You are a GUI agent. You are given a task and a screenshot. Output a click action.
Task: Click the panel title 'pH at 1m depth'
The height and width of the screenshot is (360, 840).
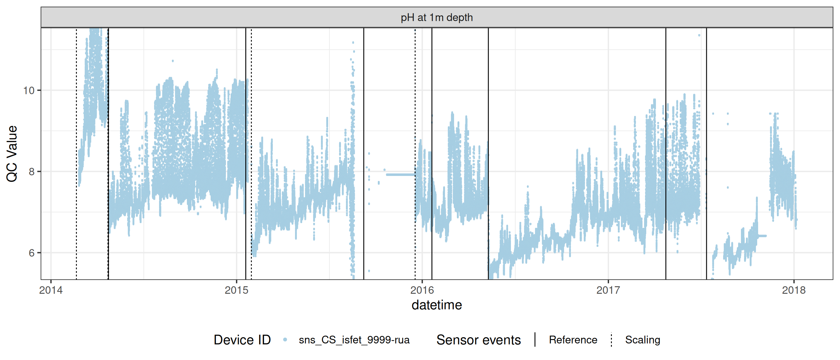tap(437, 17)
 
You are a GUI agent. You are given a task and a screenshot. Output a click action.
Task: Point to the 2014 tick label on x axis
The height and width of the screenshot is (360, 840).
tap(51, 290)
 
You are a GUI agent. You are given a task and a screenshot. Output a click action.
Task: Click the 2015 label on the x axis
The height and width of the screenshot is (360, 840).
tap(237, 290)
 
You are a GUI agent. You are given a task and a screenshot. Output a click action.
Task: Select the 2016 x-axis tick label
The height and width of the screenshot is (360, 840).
tap(422, 290)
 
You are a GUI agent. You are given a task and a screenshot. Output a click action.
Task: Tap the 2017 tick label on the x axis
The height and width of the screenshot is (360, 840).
tap(608, 290)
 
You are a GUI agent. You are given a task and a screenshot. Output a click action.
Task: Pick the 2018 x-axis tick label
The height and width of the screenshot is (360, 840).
tap(793, 290)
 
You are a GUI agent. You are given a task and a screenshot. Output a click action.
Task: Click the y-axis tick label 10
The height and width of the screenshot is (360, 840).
tap(29, 90)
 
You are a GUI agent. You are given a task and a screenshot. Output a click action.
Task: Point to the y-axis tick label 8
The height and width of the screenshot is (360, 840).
tap(31, 172)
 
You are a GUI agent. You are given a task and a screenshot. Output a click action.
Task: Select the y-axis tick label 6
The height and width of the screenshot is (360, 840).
tap(31, 253)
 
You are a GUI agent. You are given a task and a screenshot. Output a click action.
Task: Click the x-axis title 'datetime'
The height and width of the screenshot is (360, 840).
tap(437, 305)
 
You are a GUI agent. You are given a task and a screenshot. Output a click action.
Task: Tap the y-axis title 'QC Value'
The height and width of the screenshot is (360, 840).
tap(12, 153)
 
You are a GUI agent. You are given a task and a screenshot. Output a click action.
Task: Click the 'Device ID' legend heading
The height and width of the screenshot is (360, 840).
tap(242, 340)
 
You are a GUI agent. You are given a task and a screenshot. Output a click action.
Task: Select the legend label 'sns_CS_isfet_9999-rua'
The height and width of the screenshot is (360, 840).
tap(354, 340)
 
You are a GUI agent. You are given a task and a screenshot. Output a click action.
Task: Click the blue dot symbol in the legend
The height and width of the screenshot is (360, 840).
tap(285, 340)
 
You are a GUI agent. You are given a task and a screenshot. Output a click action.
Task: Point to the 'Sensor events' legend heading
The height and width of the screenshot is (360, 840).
tap(478, 340)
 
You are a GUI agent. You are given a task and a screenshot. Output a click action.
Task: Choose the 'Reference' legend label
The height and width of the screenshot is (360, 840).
tap(573, 340)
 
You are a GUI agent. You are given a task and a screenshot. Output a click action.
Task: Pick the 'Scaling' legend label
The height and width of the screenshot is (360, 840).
tap(642, 340)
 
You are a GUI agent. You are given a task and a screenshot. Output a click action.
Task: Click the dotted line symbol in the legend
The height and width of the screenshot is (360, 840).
tap(612, 340)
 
